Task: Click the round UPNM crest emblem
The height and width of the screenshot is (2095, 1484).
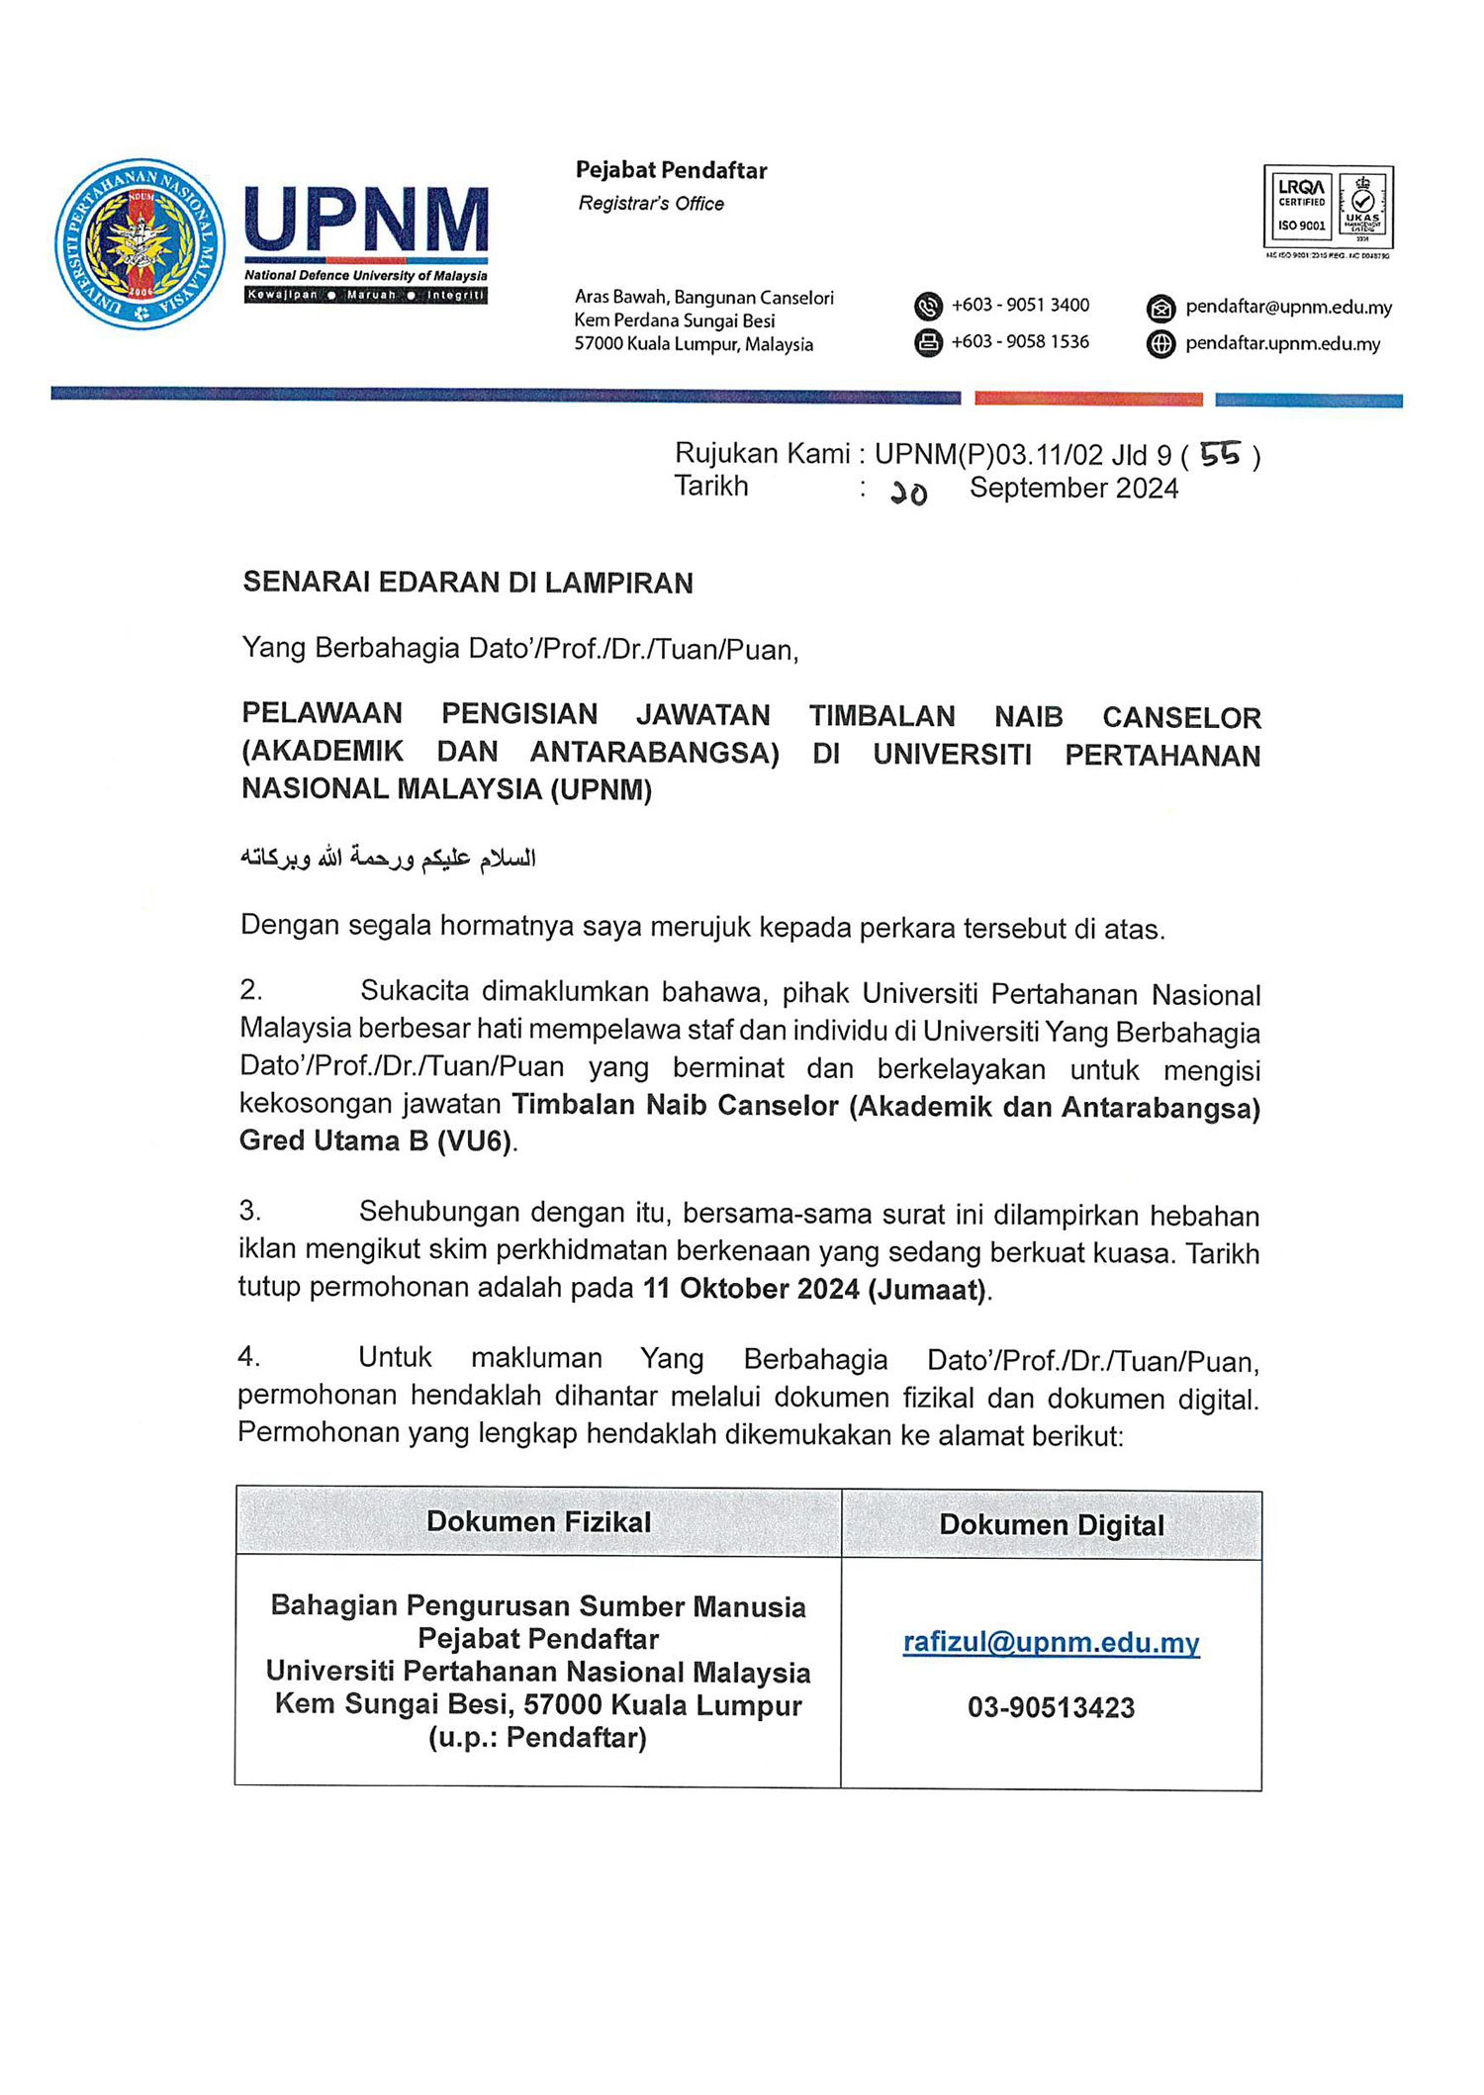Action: (139, 243)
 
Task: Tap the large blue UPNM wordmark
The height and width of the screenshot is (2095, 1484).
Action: (366, 220)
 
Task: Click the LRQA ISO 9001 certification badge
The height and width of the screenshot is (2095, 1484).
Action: (1328, 208)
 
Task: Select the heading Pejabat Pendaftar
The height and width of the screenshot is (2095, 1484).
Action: (671, 170)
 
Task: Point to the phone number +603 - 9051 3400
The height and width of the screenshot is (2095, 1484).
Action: (1020, 306)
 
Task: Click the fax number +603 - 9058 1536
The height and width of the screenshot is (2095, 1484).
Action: (1020, 342)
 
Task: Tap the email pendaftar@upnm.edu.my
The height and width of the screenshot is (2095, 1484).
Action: (1288, 308)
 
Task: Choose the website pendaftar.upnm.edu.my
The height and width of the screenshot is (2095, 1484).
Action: (1282, 344)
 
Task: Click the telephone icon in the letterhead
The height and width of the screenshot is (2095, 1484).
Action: (928, 307)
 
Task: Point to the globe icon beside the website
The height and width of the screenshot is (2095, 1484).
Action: (1160, 344)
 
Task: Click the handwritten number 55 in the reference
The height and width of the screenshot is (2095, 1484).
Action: (1219, 454)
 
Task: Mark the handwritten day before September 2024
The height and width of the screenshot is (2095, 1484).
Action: (908, 492)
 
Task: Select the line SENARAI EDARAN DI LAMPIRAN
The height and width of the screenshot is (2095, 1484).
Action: (468, 583)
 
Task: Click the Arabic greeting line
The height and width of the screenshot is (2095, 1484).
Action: (388, 858)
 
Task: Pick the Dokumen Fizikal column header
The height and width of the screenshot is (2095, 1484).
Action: (538, 1521)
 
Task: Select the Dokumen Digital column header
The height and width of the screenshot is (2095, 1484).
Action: (1051, 1524)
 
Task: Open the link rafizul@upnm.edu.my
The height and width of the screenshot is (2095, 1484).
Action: (1051, 1642)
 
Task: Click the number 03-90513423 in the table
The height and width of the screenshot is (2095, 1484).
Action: (1051, 1707)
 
